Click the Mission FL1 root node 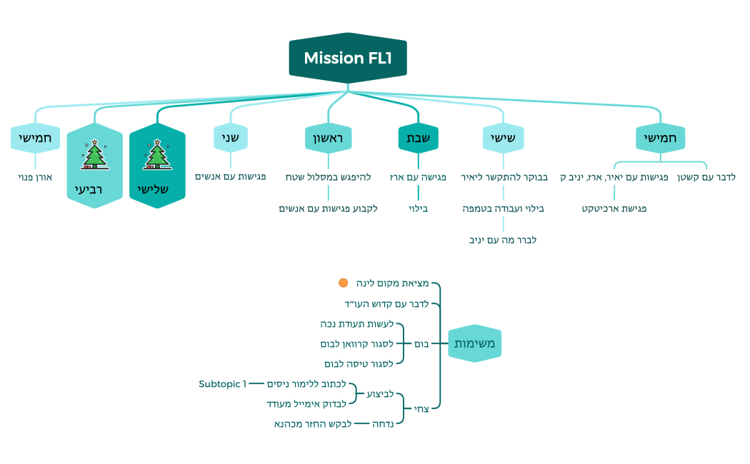click(x=348, y=58)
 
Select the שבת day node click(x=418, y=138)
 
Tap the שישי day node click(x=503, y=138)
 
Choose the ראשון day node click(x=329, y=138)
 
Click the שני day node click(x=230, y=138)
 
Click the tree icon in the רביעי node click(x=94, y=155)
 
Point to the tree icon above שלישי click(x=156, y=155)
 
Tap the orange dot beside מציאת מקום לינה click(x=343, y=283)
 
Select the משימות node click(x=476, y=344)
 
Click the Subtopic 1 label click(x=222, y=384)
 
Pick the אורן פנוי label click(x=35, y=176)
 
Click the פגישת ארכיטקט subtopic click(x=614, y=208)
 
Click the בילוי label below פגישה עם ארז click(x=418, y=208)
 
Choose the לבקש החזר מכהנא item click(x=314, y=424)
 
